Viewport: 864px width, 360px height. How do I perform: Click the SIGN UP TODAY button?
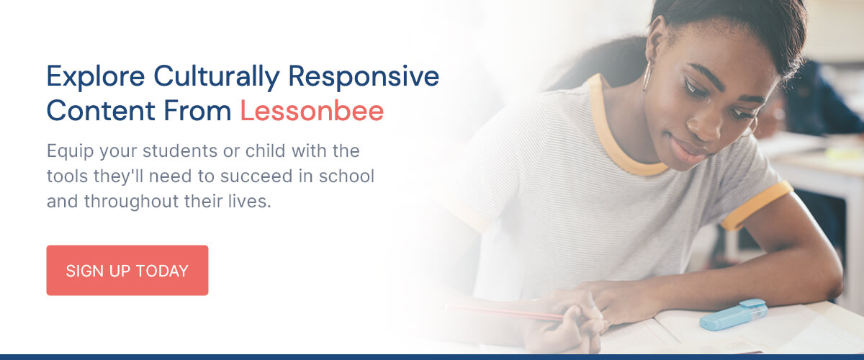(x=127, y=270)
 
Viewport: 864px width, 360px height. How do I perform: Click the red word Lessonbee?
(x=312, y=111)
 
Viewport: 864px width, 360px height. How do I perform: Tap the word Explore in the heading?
(x=96, y=77)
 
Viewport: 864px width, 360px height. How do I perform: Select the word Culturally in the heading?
(x=217, y=77)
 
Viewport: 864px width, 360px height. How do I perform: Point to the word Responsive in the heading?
(x=364, y=77)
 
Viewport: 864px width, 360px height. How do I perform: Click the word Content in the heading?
(x=101, y=111)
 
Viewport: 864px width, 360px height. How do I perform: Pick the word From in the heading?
(x=197, y=111)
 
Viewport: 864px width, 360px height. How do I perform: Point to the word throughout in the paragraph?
(x=132, y=202)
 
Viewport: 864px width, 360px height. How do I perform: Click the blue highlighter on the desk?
(x=734, y=315)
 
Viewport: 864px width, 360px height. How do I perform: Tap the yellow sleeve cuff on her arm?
(x=757, y=204)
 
